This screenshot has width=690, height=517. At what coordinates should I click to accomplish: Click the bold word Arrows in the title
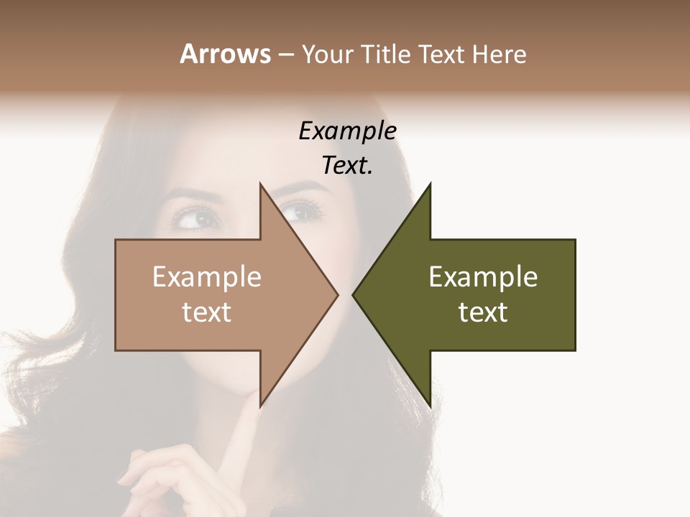(224, 54)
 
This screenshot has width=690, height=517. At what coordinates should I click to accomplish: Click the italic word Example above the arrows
(347, 131)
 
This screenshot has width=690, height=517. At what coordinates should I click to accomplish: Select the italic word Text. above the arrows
(347, 166)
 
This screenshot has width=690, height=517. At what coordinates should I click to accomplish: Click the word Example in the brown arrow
(207, 277)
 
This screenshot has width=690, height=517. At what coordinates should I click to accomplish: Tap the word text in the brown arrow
(207, 312)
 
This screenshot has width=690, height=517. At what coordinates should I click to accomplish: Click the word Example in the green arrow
(483, 277)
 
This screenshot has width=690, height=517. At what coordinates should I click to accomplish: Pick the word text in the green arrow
(483, 312)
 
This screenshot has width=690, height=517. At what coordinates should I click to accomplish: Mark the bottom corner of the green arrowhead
(429, 405)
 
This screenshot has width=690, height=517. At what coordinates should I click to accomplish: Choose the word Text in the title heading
(441, 54)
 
